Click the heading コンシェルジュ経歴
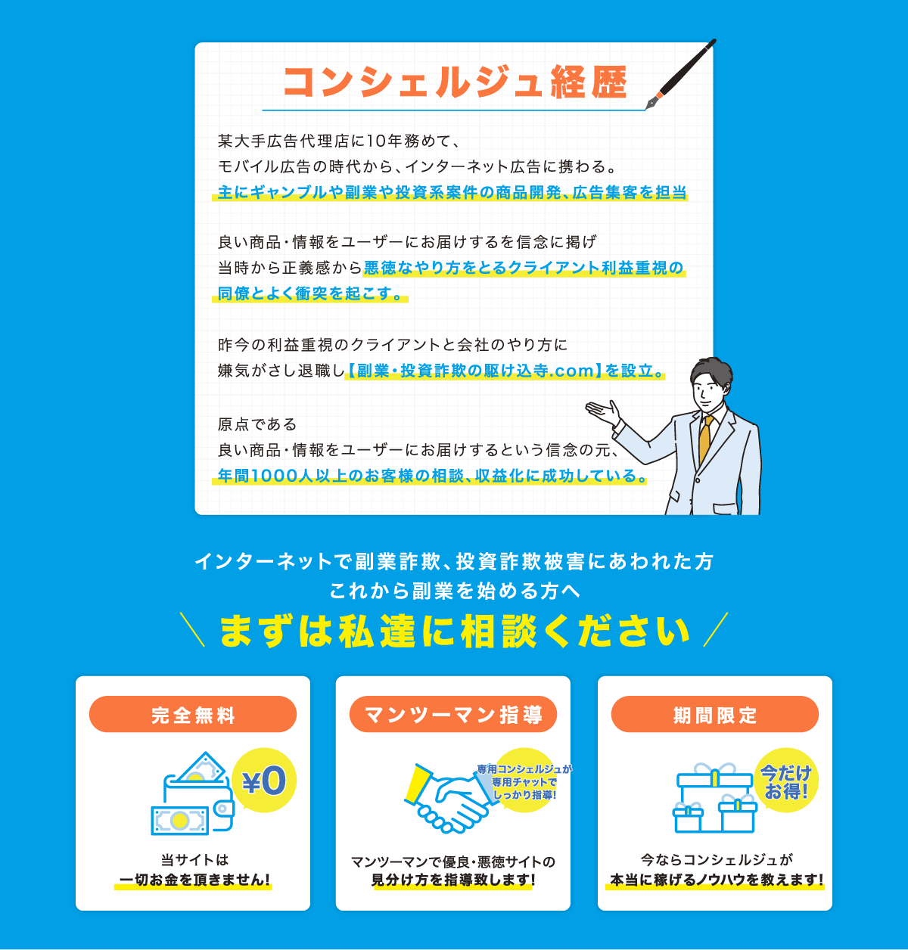tap(455, 82)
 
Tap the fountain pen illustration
tap(680, 74)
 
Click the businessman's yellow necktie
tap(704, 438)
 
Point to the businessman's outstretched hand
tap(603, 412)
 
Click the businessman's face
tap(709, 390)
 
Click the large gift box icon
tap(714, 787)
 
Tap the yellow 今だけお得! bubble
tap(786, 781)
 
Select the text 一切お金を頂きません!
tap(194, 880)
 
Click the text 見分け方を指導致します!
tap(453, 880)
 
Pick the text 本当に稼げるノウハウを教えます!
tap(717, 880)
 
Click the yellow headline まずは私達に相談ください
tap(455, 632)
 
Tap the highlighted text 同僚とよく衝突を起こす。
tap(310, 293)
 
